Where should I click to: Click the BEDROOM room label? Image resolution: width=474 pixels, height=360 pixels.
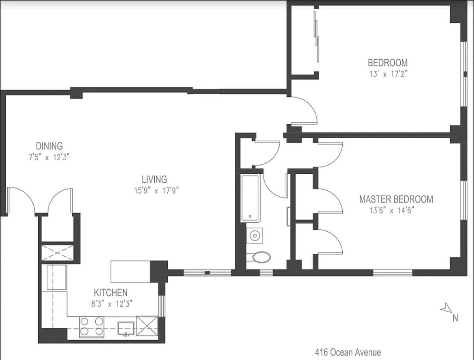tap(388, 63)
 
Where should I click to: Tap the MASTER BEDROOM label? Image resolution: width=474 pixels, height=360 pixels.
tap(396, 199)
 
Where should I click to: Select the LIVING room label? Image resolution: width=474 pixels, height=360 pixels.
tap(154, 179)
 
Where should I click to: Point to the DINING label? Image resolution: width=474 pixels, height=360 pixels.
tap(49, 146)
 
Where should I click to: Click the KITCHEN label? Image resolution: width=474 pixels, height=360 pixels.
tap(111, 292)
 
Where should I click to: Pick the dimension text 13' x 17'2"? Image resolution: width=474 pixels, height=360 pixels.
tap(388, 74)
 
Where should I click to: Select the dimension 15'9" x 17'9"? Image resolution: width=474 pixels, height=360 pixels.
tap(154, 190)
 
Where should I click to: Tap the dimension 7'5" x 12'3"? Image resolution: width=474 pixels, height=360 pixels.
tap(49, 157)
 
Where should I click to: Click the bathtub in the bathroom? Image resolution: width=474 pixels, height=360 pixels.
tap(250, 198)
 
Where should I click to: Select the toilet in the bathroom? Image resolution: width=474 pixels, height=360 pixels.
tap(260, 257)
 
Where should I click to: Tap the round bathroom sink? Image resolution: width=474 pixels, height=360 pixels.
tap(255, 235)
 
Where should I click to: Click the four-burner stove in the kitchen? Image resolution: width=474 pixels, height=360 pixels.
tap(92, 327)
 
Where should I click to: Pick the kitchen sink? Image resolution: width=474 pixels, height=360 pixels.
tap(126, 328)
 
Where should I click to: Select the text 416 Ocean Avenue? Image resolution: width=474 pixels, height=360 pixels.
tap(348, 352)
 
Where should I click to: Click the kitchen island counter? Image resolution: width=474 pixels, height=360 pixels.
tap(130, 271)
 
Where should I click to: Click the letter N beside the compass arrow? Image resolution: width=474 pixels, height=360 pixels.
tap(455, 318)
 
